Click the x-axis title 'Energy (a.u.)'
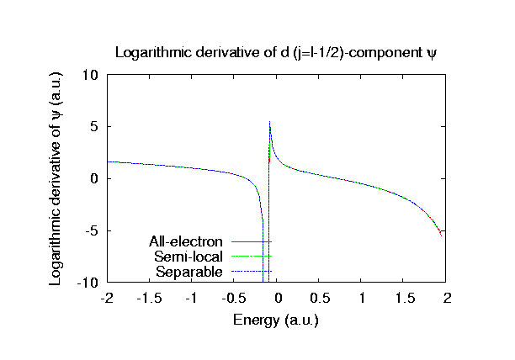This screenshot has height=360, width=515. [x=277, y=320]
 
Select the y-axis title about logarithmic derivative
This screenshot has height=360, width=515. [x=56, y=178]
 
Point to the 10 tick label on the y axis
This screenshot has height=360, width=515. [x=91, y=74]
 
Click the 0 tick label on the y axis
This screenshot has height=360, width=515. [x=94, y=178]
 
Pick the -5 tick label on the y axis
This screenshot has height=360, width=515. [x=92, y=230]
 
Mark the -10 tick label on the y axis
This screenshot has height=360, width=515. [x=88, y=283]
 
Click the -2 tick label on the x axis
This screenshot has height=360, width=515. [x=107, y=299]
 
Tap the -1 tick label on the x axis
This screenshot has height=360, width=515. [x=192, y=299]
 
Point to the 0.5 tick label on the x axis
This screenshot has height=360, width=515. [x=320, y=299]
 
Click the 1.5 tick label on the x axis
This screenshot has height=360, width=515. [x=405, y=299]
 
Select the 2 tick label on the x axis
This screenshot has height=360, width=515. [x=448, y=299]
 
